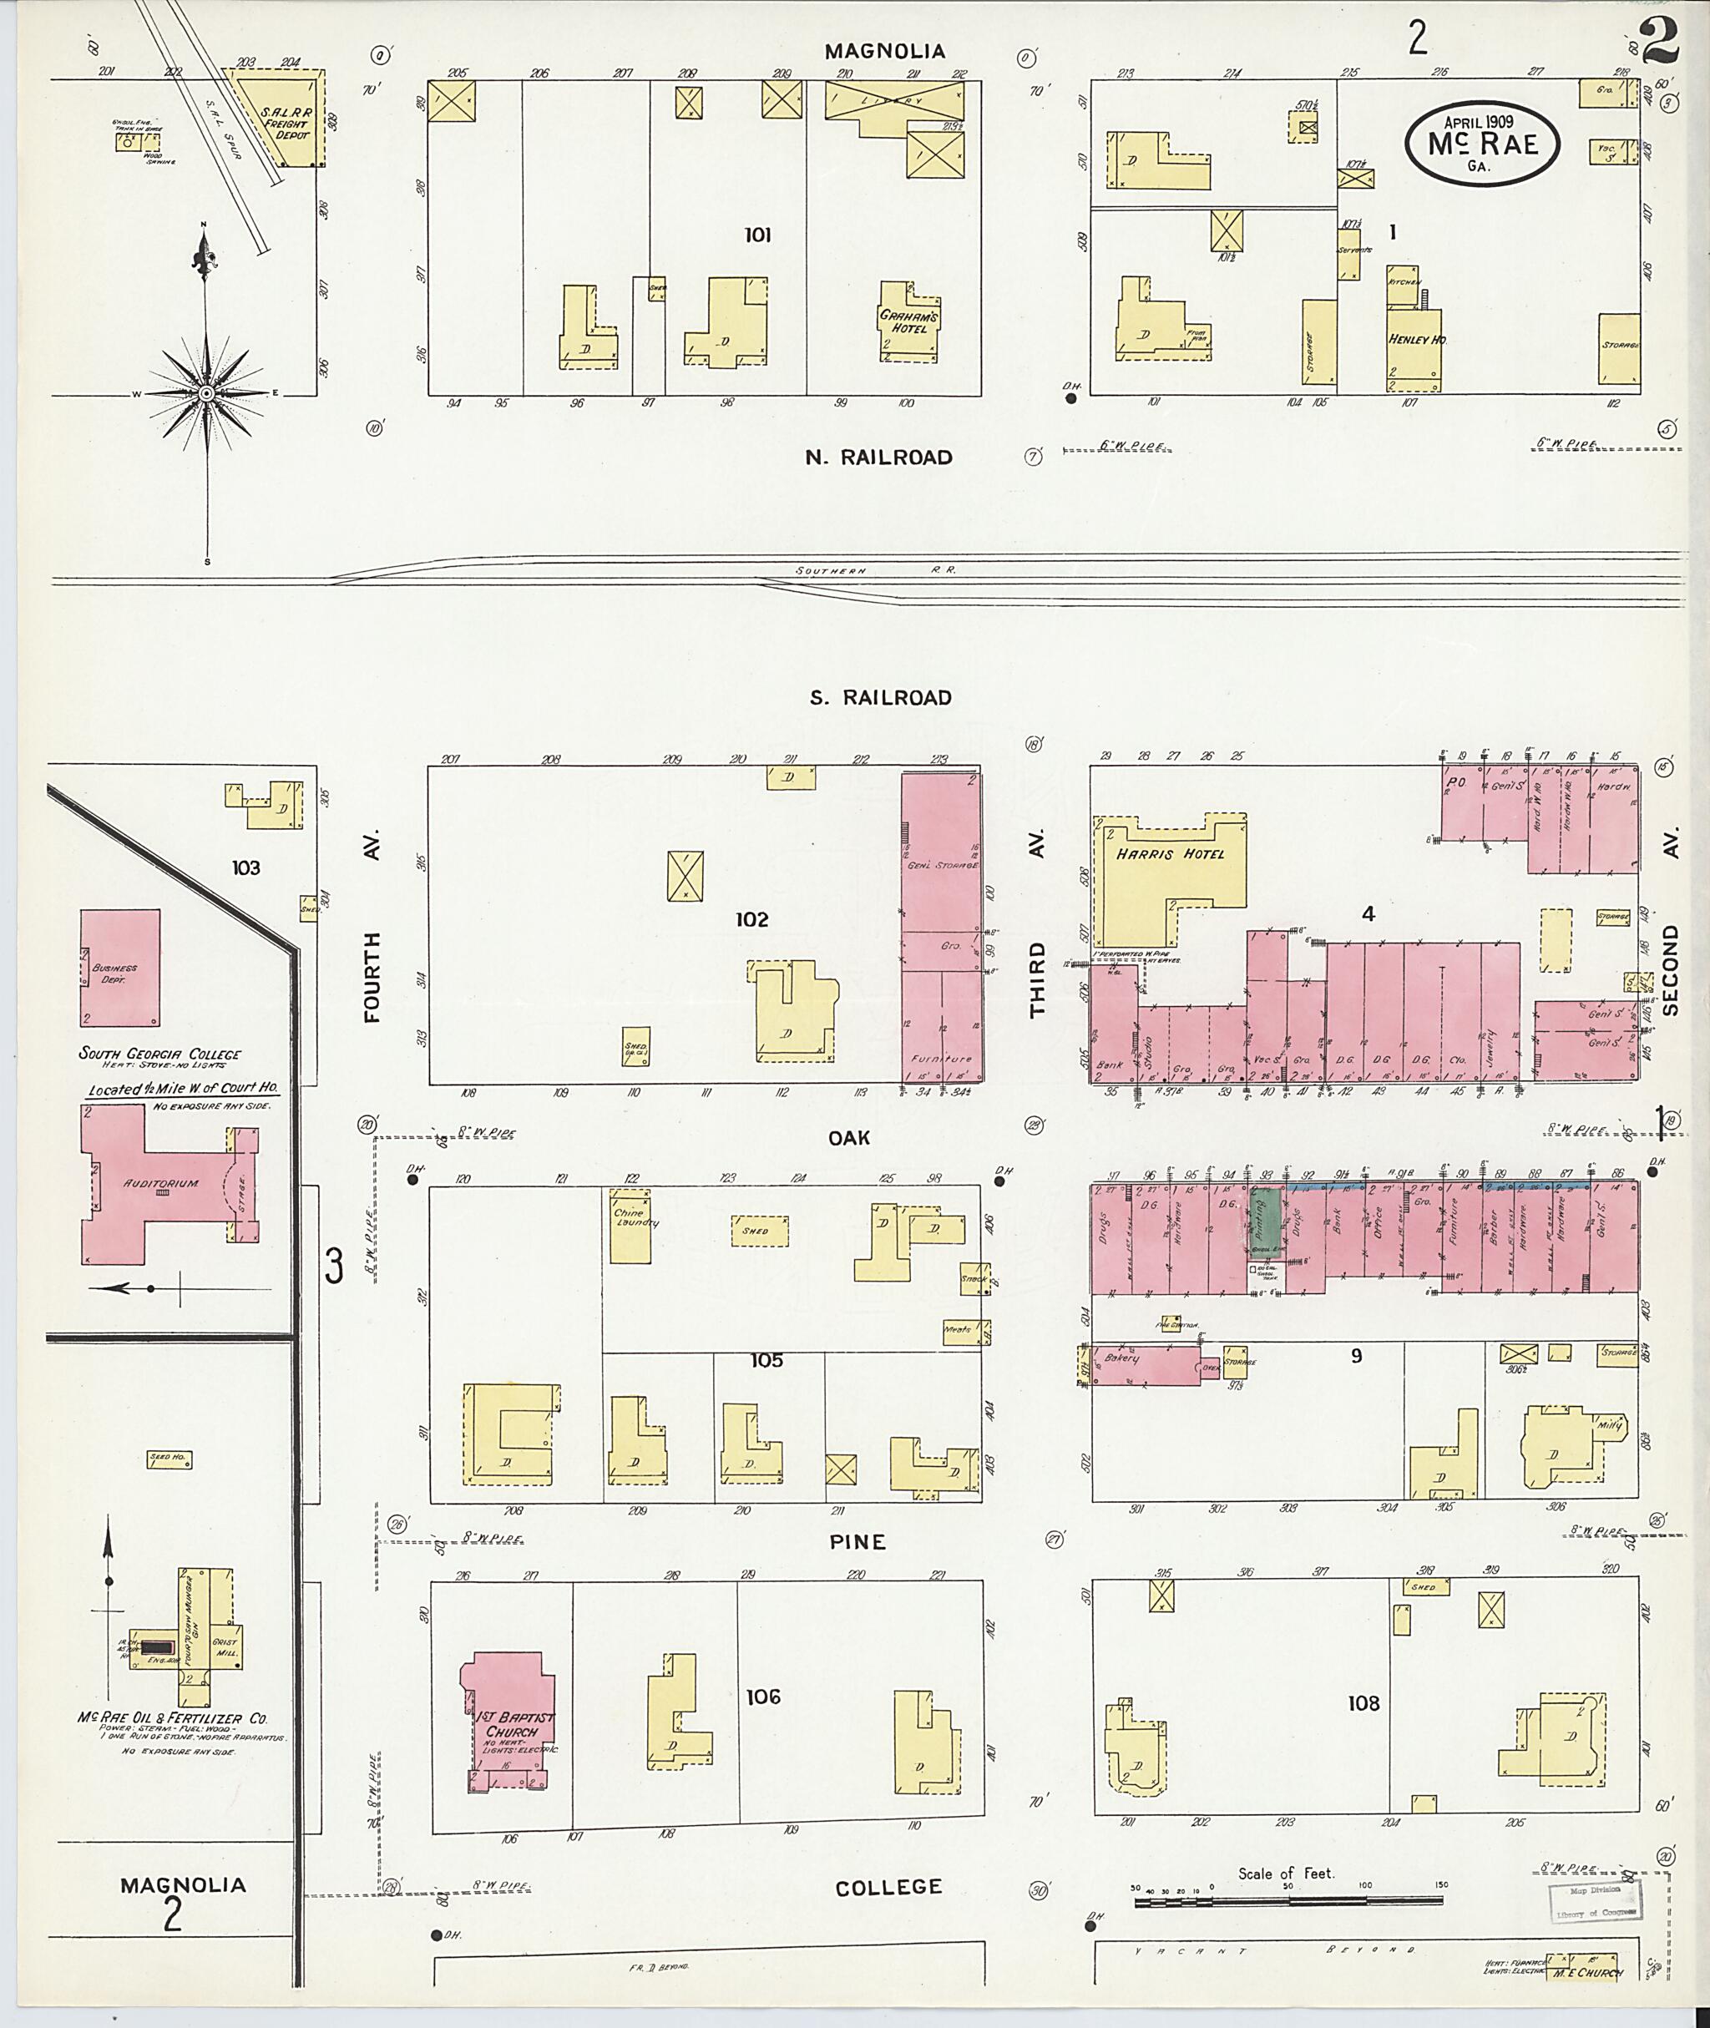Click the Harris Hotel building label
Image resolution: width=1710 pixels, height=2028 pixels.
1169,854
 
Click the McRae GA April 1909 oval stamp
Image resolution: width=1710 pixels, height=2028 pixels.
1484,144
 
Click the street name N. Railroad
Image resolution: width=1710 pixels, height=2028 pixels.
878,458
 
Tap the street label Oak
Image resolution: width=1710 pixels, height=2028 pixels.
849,1138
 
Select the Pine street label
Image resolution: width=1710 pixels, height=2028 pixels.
858,1542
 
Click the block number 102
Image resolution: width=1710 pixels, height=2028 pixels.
751,919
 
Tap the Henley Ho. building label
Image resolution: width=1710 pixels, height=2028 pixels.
1416,341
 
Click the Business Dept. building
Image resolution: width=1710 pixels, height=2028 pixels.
119,968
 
